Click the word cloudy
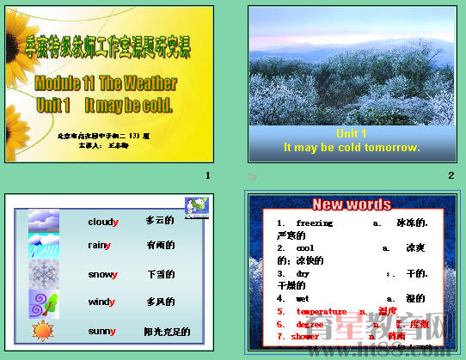[103, 222]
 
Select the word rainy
[99, 246]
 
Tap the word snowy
[103, 275]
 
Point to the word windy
[101, 302]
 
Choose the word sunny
[102, 331]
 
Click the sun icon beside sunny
[43, 330]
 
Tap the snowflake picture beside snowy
[44, 275]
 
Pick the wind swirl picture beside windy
[44, 303]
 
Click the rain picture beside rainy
[44, 247]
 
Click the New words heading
[351, 204]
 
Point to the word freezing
[302, 223]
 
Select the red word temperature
[322, 312]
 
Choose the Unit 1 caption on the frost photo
[352, 133]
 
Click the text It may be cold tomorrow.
[352, 147]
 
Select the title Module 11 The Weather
[106, 84]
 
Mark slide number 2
[451, 176]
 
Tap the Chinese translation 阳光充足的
[167, 332]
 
